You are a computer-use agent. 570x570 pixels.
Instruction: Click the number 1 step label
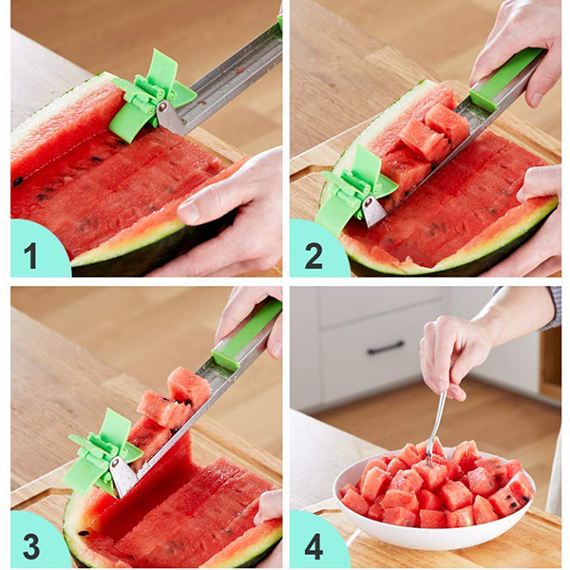(30, 256)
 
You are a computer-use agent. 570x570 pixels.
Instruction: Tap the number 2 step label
(313, 256)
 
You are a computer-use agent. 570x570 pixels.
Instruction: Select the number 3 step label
(31, 546)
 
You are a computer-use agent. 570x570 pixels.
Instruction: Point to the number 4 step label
(313, 546)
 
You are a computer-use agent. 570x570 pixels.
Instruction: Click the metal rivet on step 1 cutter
(163, 106)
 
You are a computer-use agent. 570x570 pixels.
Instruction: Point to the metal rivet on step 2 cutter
(369, 202)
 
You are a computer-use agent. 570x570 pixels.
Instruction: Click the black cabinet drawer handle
(386, 348)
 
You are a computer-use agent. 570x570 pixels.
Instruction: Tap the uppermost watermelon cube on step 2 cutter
(447, 123)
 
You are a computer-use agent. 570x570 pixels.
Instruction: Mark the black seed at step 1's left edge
(18, 180)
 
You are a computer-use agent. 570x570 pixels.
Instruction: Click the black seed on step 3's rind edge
(84, 533)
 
